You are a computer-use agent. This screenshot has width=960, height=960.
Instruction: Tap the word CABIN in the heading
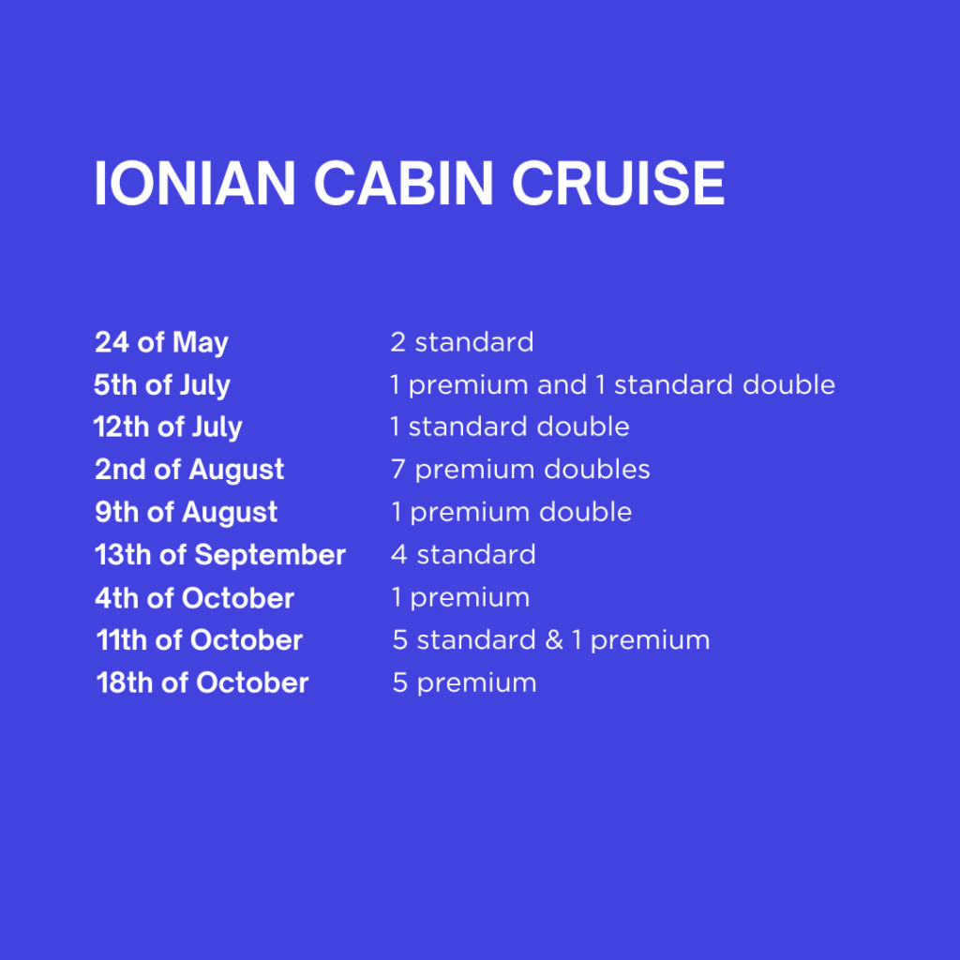(x=403, y=183)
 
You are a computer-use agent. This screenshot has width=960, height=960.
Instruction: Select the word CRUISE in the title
(x=619, y=183)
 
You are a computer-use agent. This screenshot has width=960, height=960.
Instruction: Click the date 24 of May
(x=161, y=343)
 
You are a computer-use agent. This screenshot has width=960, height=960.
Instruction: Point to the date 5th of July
(x=162, y=385)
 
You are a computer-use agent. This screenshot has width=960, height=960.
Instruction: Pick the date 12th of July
(x=168, y=427)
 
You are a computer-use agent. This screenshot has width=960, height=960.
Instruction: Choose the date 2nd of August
(x=189, y=471)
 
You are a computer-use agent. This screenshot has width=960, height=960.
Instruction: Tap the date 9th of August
(x=187, y=513)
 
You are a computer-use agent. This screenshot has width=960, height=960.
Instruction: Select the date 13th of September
(x=220, y=556)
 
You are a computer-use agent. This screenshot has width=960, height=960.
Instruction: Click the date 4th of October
(x=195, y=598)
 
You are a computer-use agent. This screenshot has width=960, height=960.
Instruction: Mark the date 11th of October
(x=200, y=640)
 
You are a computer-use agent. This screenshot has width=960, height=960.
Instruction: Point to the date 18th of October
(x=202, y=683)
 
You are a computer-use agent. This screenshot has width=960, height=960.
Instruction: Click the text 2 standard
(x=462, y=342)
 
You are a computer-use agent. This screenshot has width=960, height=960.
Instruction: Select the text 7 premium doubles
(x=520, y=471)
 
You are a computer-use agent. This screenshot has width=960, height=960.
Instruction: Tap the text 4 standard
(x=463, y=555)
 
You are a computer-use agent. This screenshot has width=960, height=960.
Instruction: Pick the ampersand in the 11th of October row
(x=554, y=640)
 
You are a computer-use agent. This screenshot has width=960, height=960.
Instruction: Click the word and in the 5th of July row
(x=562, y=385)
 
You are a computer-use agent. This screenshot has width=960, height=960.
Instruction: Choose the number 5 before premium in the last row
(x=399, y=683)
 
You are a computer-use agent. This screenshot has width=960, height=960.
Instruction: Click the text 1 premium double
(x=512, y=513)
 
